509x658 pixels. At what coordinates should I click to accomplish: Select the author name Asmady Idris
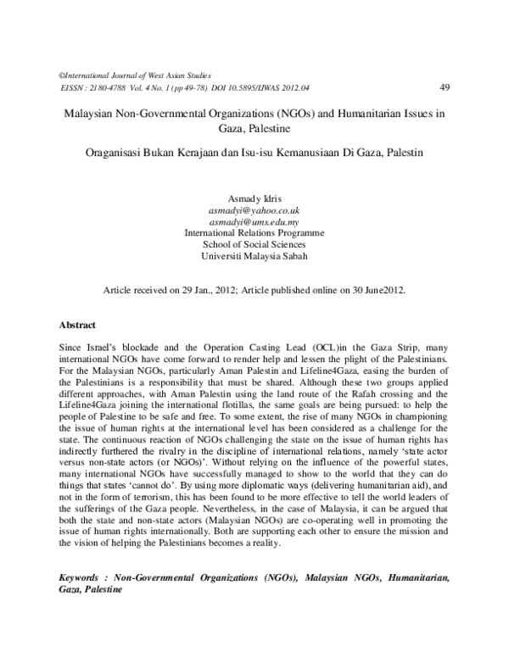click(x=255, y=198)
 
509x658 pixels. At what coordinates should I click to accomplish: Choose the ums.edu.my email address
click(x=255, y=220)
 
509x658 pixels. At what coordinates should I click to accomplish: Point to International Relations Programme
click(x=255, y=231)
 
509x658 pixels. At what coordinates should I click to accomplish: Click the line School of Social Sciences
click(x=255, y=243)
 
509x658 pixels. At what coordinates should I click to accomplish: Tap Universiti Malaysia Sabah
click(x=255, y=255)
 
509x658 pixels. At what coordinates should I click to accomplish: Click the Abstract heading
click(x=77, y=325)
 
